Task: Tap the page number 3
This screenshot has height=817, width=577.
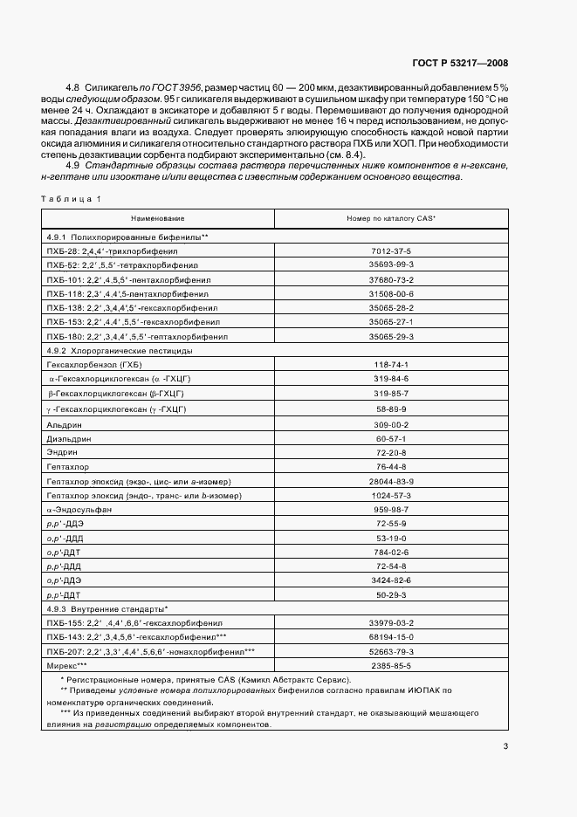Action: [x=505, y=746]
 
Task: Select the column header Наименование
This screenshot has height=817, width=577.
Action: [x=158, y=217]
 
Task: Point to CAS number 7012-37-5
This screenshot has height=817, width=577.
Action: [x=391, y=251]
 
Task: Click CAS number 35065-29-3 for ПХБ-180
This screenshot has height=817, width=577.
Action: [x=391, y=335]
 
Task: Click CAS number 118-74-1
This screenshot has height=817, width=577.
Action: [x=391, y=365]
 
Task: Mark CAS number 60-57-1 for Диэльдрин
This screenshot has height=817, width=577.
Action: [x=391, y=438]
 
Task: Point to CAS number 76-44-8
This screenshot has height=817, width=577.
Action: [x=391, y=468]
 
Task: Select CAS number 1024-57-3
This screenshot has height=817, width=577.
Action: [x=391, y=495]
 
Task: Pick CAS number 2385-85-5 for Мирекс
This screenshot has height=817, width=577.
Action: [x=391, y=664]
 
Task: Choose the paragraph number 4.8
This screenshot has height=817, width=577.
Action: [x=73, y=88]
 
